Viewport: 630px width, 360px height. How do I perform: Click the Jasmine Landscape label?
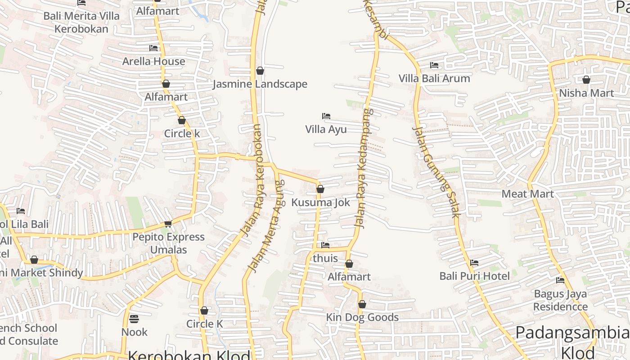click(260, 84)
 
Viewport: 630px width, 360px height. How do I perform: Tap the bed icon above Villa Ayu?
click(326, 116)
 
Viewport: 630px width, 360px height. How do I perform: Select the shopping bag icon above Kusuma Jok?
click(320, 189)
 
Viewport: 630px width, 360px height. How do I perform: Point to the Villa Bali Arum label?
click(434, 78)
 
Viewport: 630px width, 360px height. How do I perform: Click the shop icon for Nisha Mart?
click(586, 80)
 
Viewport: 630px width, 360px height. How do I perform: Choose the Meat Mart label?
click(527, 194)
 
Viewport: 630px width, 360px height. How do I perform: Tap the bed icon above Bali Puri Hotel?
click(474, 263)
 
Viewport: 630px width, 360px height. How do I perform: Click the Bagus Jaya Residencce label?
click(560, 300)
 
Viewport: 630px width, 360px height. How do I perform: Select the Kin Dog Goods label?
click(362, 317)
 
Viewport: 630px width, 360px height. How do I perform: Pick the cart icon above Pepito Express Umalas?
click(168, 224)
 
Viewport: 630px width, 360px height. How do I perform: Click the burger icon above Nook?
click(134, 319)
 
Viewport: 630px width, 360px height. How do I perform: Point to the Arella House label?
click(153, 61)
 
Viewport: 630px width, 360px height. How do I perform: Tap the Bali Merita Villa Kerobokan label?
click(81, 22)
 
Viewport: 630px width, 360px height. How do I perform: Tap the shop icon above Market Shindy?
click(34, 260)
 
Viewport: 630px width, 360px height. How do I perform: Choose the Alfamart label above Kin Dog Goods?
click(349, 277)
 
